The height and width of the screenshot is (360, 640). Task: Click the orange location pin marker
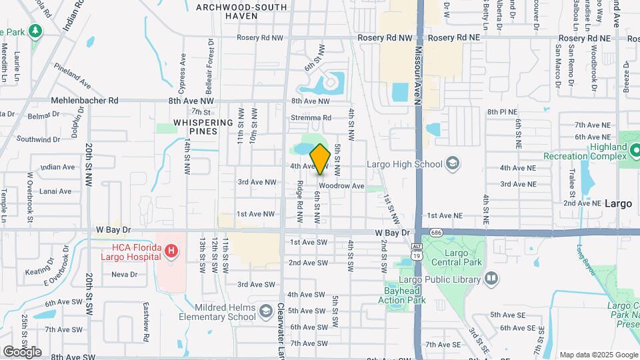320,159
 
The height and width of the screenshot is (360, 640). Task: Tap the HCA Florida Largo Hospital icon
172,251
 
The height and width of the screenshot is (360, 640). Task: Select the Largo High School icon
453,164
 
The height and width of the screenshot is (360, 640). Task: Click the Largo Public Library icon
491,277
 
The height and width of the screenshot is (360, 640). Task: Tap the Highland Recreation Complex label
577,150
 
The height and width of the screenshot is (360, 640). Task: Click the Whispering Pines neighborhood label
203,127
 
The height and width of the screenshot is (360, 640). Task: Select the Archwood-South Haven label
241,11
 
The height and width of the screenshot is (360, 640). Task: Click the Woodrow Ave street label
341,186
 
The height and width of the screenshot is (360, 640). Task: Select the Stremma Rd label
311,118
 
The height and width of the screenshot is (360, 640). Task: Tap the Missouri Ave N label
418,75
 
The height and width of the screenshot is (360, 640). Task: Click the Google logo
22,351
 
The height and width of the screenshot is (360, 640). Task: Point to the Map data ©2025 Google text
598,355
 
